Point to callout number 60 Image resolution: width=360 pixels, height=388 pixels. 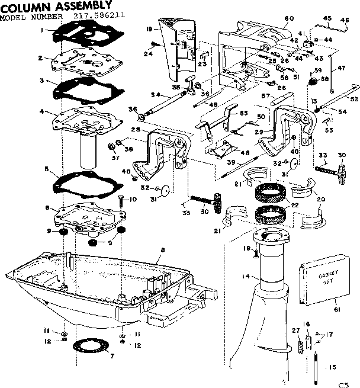(x=289, y=18)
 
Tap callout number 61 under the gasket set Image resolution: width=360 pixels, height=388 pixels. (x=337, y=309)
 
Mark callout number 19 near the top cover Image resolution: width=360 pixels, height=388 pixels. (x=150, y=28)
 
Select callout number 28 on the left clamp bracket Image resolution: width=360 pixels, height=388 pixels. (x=136, y=130)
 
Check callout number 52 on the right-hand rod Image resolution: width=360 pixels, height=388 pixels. (x=355, y=98)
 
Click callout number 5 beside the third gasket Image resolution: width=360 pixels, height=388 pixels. (x=47, y=169)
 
